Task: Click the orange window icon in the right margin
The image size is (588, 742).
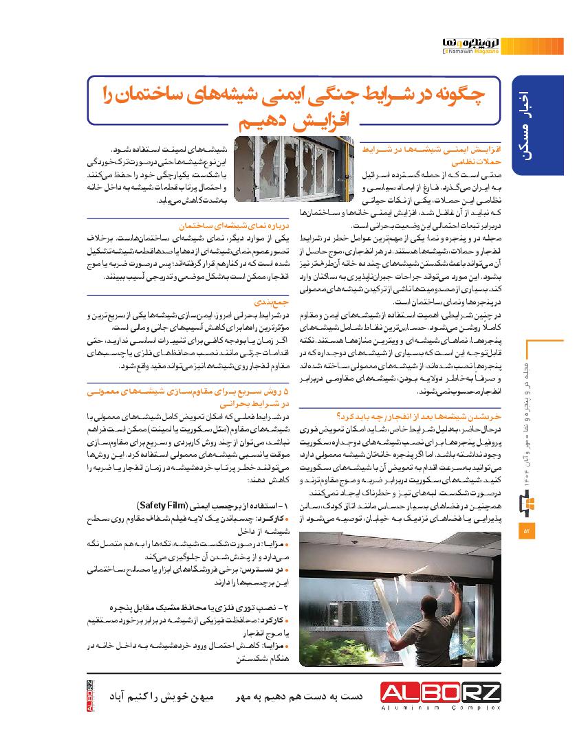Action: point(530,479)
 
